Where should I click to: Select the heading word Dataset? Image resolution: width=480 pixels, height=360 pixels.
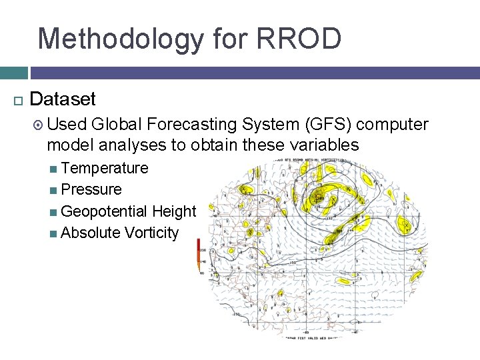[x=63, y=99]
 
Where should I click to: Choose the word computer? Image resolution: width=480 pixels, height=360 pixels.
[x=397, y=124]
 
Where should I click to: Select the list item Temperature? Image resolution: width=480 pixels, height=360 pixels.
[x=104, y=168]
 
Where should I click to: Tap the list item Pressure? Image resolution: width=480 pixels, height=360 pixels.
[x=91, y=189]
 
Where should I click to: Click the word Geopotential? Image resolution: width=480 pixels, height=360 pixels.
[x=104, y=211]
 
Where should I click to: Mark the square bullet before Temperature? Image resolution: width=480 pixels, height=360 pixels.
[x=53, y=169]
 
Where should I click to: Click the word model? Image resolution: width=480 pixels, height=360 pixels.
[x=67, y=145]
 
